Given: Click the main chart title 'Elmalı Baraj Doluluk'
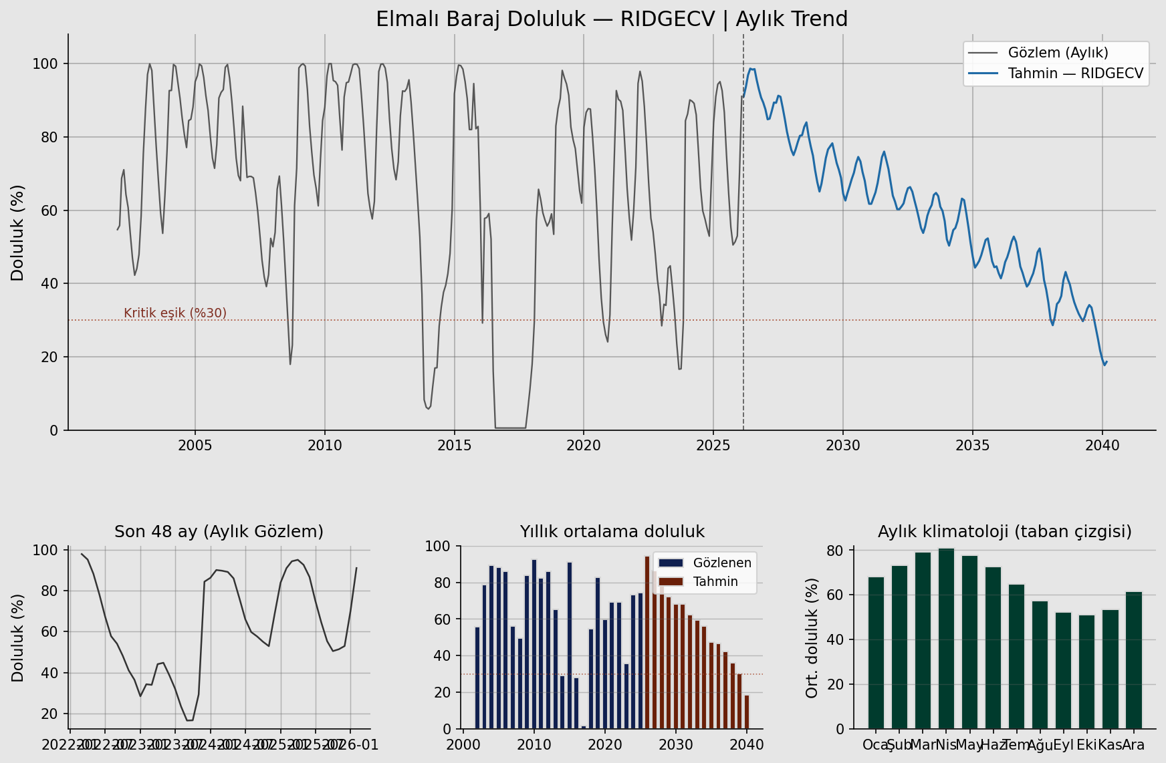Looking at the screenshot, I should pyautogui.click(x=611, y=19).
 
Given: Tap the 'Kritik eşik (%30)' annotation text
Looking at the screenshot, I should pyautogui.click(x=175, y=313).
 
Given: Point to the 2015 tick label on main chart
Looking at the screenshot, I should pyautogui.click(x=455, y=445).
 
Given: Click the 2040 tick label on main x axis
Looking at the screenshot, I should pyautogui.click(x=1102, y=445).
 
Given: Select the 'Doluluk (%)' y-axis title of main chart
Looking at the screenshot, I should pyautogui.click(x=17, y=233).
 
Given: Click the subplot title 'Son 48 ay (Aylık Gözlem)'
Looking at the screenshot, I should pyautogui.click(x=219, y=531).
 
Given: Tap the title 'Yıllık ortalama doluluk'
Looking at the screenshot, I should pyautogui.click(x=612, y=531).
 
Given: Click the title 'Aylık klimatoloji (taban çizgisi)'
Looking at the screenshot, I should pyautogui.click(x=1004, y=531).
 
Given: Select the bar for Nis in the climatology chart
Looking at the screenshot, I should pyautogui.click(x=946, y=638).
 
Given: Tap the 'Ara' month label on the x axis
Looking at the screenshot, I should pyautogui.click(x=1134, y=744).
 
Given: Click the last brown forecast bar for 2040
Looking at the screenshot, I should pyautogui.click(x=747, y=712).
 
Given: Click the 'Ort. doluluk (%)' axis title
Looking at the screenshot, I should pyautogui.click(x=812, y=638).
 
